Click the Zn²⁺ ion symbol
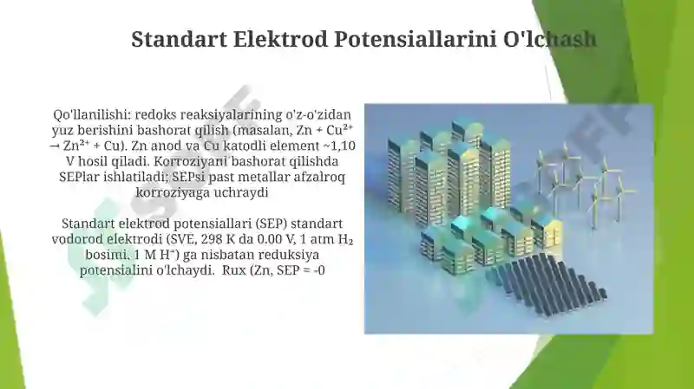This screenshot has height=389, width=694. (x=75, y=145)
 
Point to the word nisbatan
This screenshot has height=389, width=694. (x=200, y=255)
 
